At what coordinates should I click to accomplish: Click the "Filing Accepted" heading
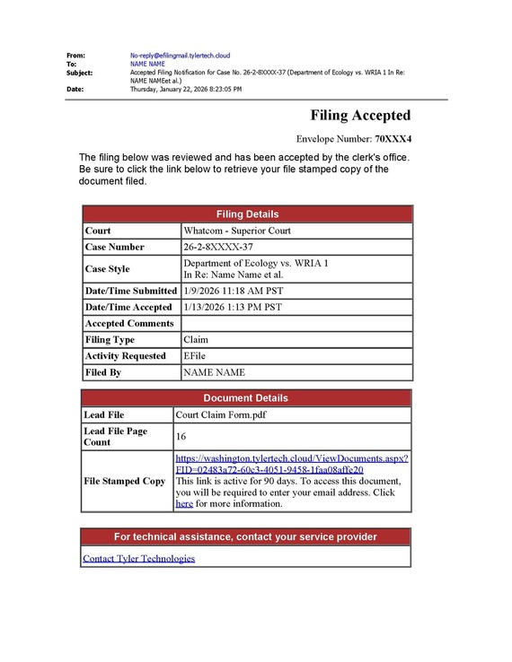point(360,116)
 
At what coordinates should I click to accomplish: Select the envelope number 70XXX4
point(393,139)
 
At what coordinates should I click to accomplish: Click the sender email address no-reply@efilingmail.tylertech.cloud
point(180,56)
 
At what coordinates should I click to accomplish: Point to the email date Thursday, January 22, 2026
point(185,89)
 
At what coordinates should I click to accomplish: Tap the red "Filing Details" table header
point(247,214)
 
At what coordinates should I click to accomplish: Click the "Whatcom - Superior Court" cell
point(237,231)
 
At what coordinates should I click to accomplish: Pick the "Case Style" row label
point(107,268)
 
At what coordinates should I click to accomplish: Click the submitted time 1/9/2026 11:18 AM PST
point(232,291)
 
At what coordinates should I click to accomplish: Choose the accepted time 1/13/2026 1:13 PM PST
point(233,307)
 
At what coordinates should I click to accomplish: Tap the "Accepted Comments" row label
point(128,323)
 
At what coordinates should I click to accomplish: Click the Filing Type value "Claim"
point(196,340)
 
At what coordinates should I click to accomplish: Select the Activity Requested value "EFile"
point(196,356)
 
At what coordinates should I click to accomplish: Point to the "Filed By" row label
point(102,372)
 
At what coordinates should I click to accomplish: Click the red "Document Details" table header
point(246,398)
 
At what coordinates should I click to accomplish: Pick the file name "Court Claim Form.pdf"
point(221,415)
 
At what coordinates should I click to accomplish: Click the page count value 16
point(181,437)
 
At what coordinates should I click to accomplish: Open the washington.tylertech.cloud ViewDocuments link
point(292,464)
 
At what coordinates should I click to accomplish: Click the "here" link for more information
point(184,504)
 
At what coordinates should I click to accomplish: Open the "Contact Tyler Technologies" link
point(138,558)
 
